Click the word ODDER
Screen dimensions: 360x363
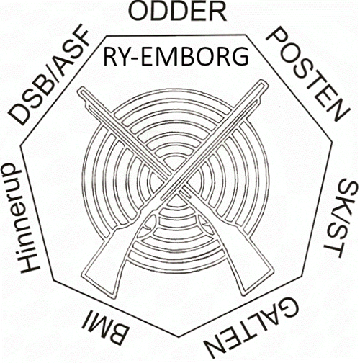[x=177, y=12]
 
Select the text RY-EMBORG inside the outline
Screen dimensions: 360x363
[x=176, y=57]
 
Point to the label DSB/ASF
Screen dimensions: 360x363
[x=49, y=75]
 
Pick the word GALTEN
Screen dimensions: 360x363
[x=252, y=329]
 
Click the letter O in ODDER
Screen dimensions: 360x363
[x=138, y=12]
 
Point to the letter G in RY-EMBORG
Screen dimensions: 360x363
[x=239, y=57]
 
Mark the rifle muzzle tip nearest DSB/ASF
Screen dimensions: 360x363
[x=80, y=90]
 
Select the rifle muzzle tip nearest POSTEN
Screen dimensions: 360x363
[x=264, y=82]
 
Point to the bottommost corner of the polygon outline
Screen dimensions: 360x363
[x=179, y=337]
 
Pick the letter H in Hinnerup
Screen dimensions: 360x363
[x=30, y=264]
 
